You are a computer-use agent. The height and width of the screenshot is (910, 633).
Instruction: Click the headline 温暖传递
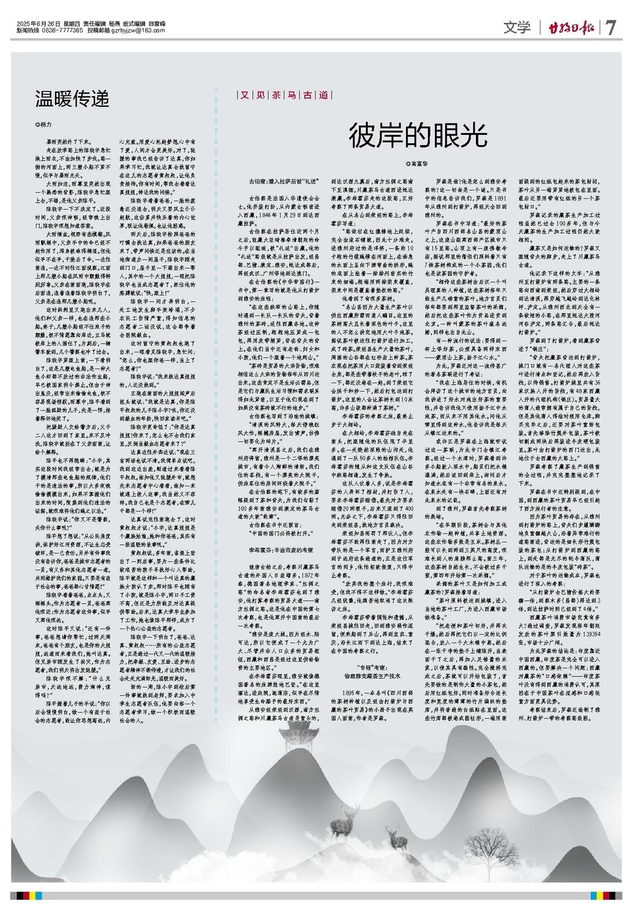tap(72, 98)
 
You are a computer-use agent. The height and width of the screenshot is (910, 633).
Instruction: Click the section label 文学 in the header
tap(517, 27)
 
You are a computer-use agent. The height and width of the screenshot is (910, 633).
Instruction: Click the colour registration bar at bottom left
tap(32, 895)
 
